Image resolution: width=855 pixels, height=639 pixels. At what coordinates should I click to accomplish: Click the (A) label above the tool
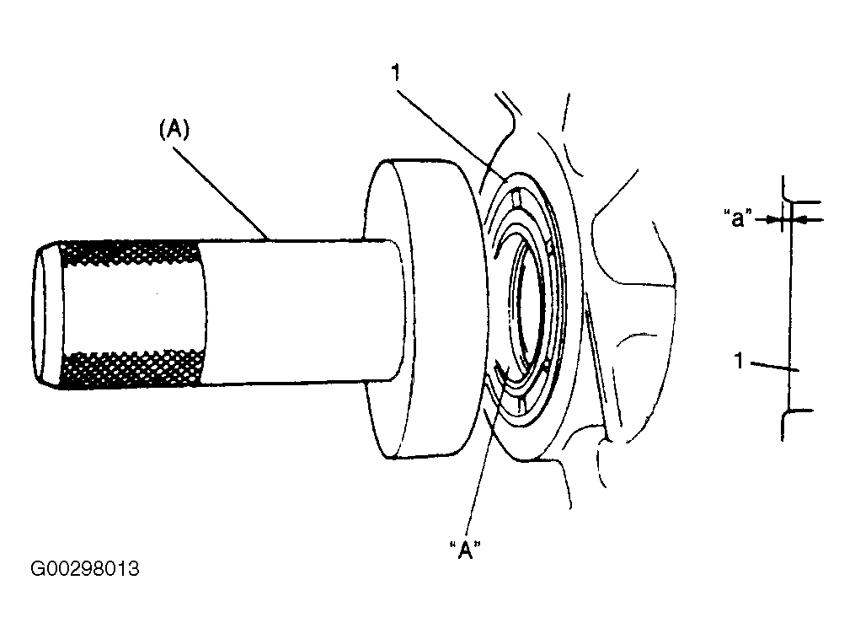(174, 130)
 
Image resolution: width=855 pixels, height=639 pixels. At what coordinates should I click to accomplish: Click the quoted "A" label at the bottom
(465, 550)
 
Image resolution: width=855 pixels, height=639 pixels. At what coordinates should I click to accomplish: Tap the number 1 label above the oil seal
(397, 72)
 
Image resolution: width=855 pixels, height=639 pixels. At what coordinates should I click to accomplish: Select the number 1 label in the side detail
(739, 361)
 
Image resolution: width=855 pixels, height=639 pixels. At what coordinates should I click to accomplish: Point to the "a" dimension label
(738, 217)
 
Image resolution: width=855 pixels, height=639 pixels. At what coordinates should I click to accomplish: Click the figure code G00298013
(85, 568)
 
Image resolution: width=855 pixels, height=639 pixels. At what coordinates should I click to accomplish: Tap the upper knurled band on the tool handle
(131, 253)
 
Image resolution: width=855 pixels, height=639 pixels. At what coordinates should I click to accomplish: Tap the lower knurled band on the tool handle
(134, 369)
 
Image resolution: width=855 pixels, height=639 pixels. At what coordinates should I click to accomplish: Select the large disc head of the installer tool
(425, 309)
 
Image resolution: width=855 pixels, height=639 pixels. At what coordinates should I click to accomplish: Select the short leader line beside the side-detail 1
(774, 366)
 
